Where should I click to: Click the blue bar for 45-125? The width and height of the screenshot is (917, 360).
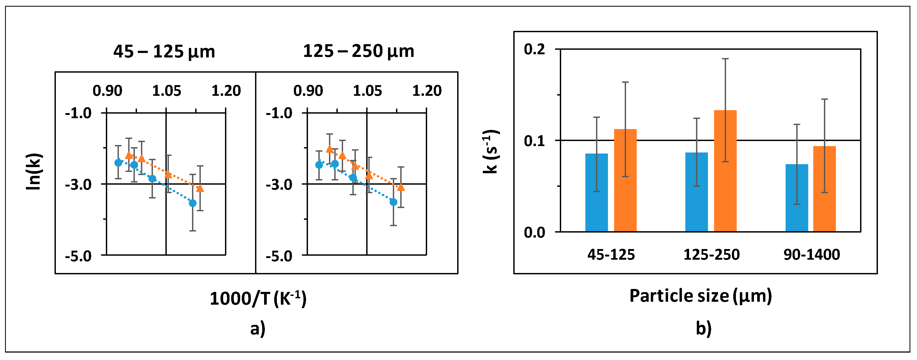point(596,193)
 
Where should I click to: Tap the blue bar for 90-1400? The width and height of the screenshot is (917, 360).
point(797,198)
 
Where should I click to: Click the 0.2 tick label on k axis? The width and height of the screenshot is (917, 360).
point(534,49)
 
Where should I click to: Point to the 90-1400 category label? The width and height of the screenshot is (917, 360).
point(812,255)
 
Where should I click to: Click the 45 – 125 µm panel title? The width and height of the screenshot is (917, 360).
point(164,52)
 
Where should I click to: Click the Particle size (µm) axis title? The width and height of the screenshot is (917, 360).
point(701,296)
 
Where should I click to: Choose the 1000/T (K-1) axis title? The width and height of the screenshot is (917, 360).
point(258,298)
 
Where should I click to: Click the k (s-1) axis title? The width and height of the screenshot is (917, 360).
point(491,152)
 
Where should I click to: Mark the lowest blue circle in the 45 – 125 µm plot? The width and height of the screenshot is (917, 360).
point(193,203)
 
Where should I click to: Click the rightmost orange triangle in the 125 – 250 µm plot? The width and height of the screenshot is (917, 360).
point(401,187)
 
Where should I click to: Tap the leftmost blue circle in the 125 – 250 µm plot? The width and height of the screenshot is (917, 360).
point(319,165)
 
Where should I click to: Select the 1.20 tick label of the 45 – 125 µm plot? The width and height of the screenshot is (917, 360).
point(226,90)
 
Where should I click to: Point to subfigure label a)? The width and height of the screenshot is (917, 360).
point(258,328)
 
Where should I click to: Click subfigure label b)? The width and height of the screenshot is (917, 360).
point(704,328)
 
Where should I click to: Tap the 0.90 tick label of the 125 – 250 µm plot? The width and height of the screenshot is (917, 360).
point(308,90)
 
